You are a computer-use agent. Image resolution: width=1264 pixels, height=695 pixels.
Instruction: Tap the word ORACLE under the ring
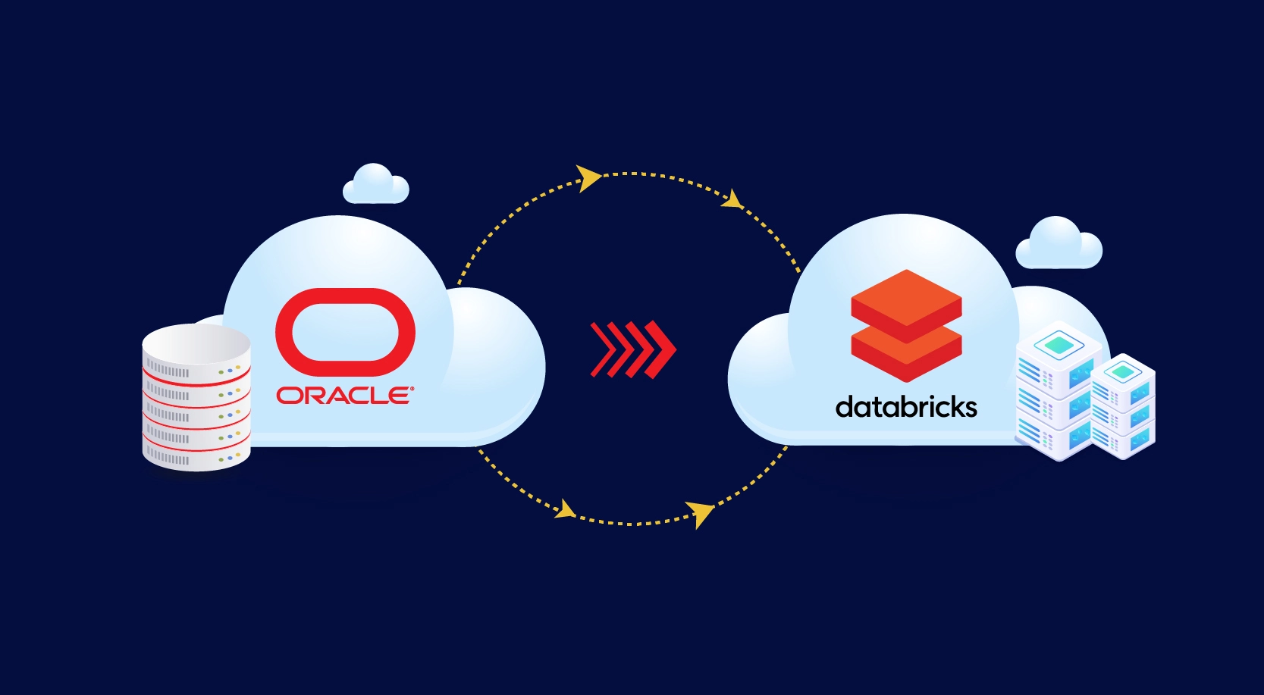click(x=344, y=395)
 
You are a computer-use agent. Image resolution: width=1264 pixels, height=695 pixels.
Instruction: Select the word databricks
click(x=906, y=408)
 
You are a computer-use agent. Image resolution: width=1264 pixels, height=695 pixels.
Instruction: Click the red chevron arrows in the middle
click(x=632, y=349)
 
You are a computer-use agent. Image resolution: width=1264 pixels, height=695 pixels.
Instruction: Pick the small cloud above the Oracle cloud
click(x=375, y=185)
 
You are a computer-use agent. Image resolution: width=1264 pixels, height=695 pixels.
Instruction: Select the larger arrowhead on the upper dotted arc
click(x=588, y=178)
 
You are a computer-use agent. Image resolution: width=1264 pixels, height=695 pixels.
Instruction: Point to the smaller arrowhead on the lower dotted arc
click(x=565, y=509)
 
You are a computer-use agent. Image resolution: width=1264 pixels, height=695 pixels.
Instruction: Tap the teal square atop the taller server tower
click(x=1059, y=346)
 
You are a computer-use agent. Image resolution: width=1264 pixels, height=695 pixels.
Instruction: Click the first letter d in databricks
click(x=844, y=408)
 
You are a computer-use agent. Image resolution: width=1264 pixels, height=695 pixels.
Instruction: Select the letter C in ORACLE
click(x=355, y=395)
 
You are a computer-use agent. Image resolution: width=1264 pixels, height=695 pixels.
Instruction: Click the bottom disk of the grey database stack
click(x=196, y=455)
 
